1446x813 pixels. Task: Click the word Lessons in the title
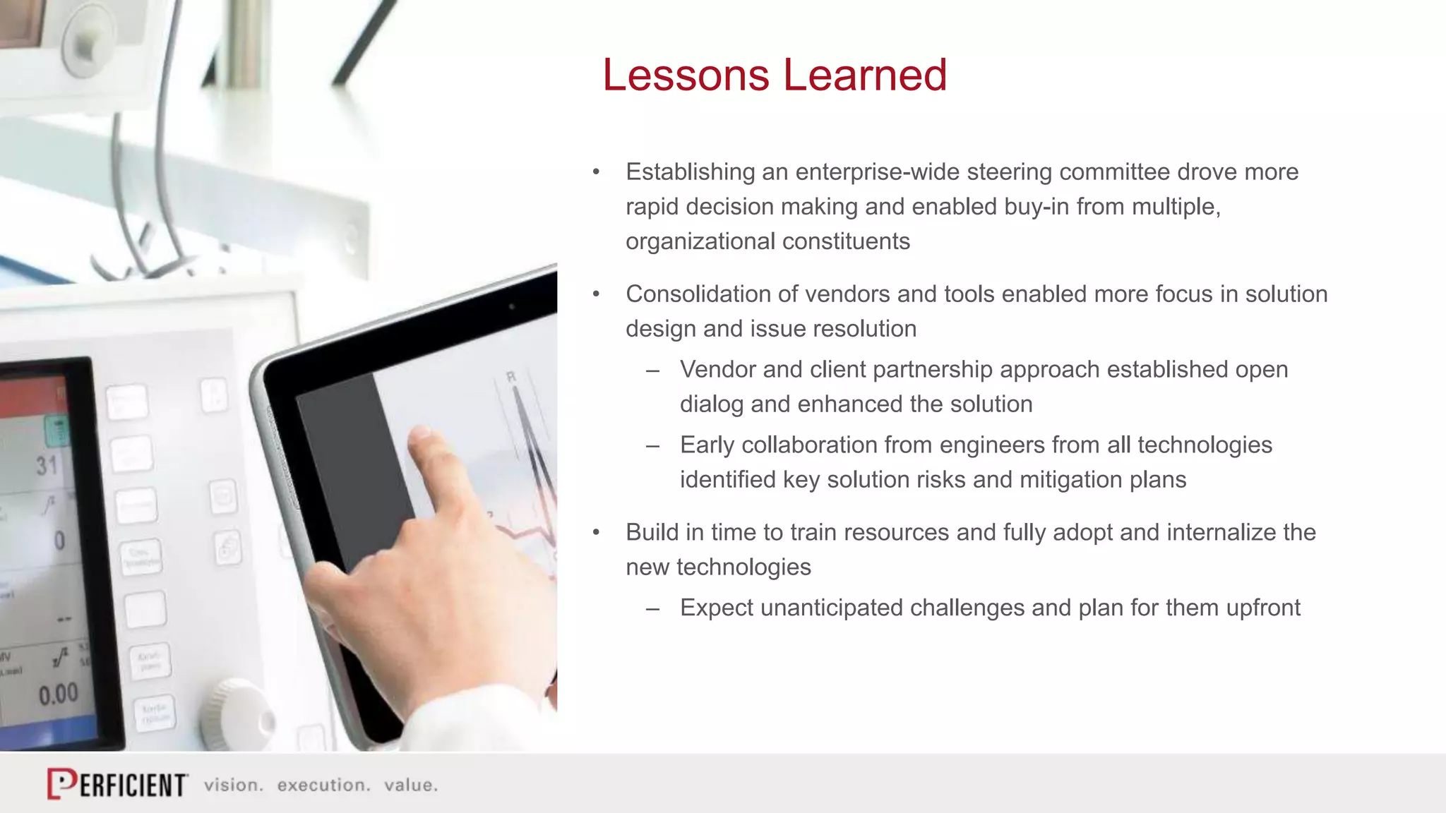(685, 75)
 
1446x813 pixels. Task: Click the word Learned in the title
(865, 75)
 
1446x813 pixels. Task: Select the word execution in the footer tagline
(323, 785)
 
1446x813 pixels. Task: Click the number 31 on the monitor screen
(47, 466)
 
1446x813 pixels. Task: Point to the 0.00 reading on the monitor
(59, 694)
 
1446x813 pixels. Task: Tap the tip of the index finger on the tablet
(421, 437)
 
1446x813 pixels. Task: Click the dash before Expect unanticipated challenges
(652, 608)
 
